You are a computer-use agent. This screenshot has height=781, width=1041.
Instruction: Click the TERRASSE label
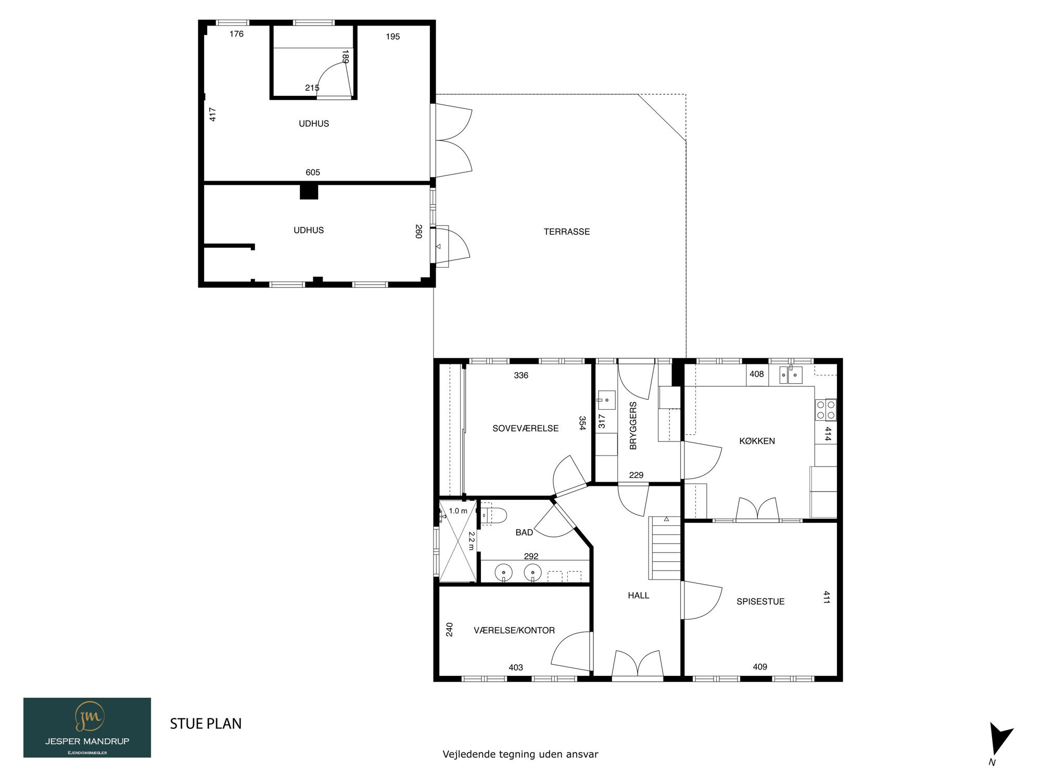pos(567,232)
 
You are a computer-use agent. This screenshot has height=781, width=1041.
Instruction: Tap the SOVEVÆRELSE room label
pos(525,429)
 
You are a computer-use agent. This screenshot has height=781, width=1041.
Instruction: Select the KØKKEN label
pos(757,441)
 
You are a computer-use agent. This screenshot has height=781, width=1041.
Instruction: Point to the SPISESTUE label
pos(760,601)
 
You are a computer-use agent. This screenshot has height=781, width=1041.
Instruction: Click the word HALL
pos(638,595)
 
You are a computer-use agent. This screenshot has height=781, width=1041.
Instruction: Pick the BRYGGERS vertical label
pos(633,425)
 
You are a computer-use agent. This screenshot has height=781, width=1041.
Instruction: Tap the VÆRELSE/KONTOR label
pos(514,631)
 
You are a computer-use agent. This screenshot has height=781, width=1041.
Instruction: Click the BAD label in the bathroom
pos(524,532)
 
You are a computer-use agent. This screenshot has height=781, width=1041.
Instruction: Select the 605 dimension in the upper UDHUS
pos(313,172)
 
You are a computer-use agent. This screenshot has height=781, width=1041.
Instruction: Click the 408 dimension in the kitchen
pos(756,374)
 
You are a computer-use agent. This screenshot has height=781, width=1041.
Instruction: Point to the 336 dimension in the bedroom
pos(521,375)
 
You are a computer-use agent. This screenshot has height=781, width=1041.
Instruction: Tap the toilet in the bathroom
pos(493,515)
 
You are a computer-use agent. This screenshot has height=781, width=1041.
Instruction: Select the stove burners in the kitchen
pos(826,409)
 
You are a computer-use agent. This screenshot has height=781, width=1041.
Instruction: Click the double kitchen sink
pos(790,374)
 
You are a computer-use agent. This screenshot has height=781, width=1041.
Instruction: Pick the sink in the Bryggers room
pos(606,400)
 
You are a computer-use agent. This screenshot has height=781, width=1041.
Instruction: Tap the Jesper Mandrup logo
pos(87,727)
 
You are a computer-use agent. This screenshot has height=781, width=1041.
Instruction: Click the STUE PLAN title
pos(206,724)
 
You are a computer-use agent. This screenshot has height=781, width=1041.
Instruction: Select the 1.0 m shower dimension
pos(458,511)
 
